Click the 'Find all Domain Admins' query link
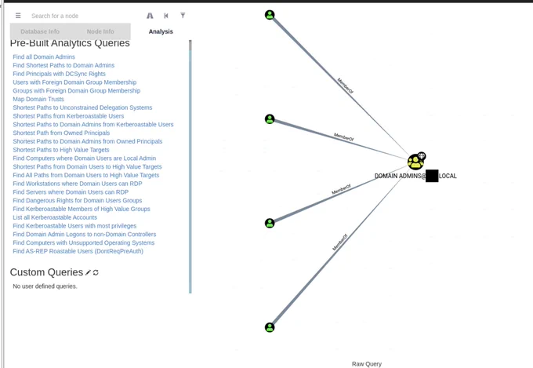[x=44, y=56]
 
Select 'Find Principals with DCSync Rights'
[x=59, y=74]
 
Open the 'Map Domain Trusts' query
[x=38, y=99]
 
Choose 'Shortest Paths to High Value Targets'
[x=61, y=150]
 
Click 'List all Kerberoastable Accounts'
[x=55, y=217]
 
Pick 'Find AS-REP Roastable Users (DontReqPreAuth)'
[x=78, y=251]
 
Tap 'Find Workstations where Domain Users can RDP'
[x=78, y=184]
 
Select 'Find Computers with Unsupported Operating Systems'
[x=84, y=242]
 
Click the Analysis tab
[x=161, y=31]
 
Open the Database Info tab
[x=40, y=31]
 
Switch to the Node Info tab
[x=100, y=31]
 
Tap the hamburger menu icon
[x=18, y=16]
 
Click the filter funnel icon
[x=183, y=16]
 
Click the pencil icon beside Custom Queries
[x=88, y=272]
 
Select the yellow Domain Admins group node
[x=415, y=162]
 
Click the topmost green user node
[x=270, y=15]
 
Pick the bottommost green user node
[x=270, y=327]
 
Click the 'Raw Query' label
[x=367, y=364]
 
